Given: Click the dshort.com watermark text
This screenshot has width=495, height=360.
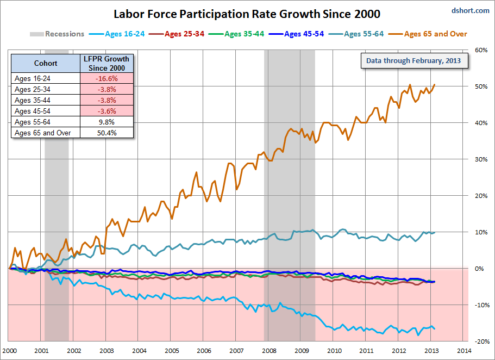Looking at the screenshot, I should [470, 10].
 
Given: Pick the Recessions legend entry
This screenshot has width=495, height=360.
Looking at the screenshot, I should [57, 34].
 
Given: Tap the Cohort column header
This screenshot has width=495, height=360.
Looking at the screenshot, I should [46, 63].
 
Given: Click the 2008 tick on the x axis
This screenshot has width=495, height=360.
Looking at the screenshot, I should [268, 351].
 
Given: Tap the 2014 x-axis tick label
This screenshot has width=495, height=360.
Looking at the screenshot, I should [463, 351].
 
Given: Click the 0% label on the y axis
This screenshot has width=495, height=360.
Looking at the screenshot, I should [479, 269].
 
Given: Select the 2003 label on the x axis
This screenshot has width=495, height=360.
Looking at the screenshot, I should [106, 351].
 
